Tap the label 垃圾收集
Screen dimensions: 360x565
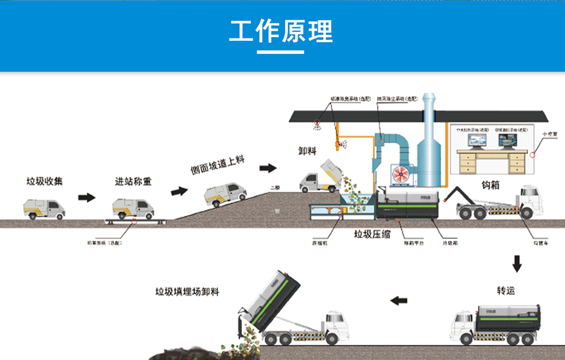(x=44, y=181)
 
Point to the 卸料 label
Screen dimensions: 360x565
(x=307, y=151)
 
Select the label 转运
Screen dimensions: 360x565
(x=506, y=290)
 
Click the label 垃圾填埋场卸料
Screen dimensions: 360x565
(x=187, y=292)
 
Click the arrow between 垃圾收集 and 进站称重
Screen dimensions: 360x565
(x=87, y=197)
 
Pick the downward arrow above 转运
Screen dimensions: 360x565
(x=517, y=263)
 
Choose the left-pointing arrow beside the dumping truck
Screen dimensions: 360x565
(x=399, y=300)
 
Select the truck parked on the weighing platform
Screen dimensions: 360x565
(x=133, y=208)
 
